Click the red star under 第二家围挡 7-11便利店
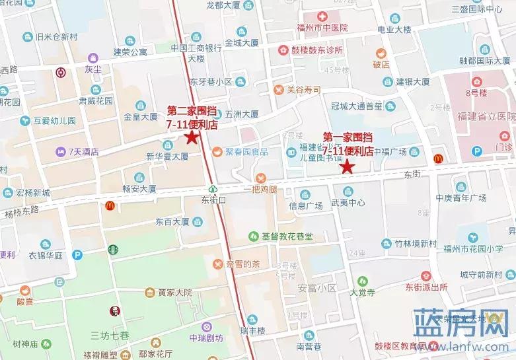point(192,137)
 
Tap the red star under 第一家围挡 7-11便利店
point(347,166)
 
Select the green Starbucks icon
point(114,250)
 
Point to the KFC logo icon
point(114,311)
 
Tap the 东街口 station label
point(213,198)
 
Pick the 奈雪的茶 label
point(240,264)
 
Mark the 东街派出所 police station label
point(427,288)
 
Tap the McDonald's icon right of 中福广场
point(437,159)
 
